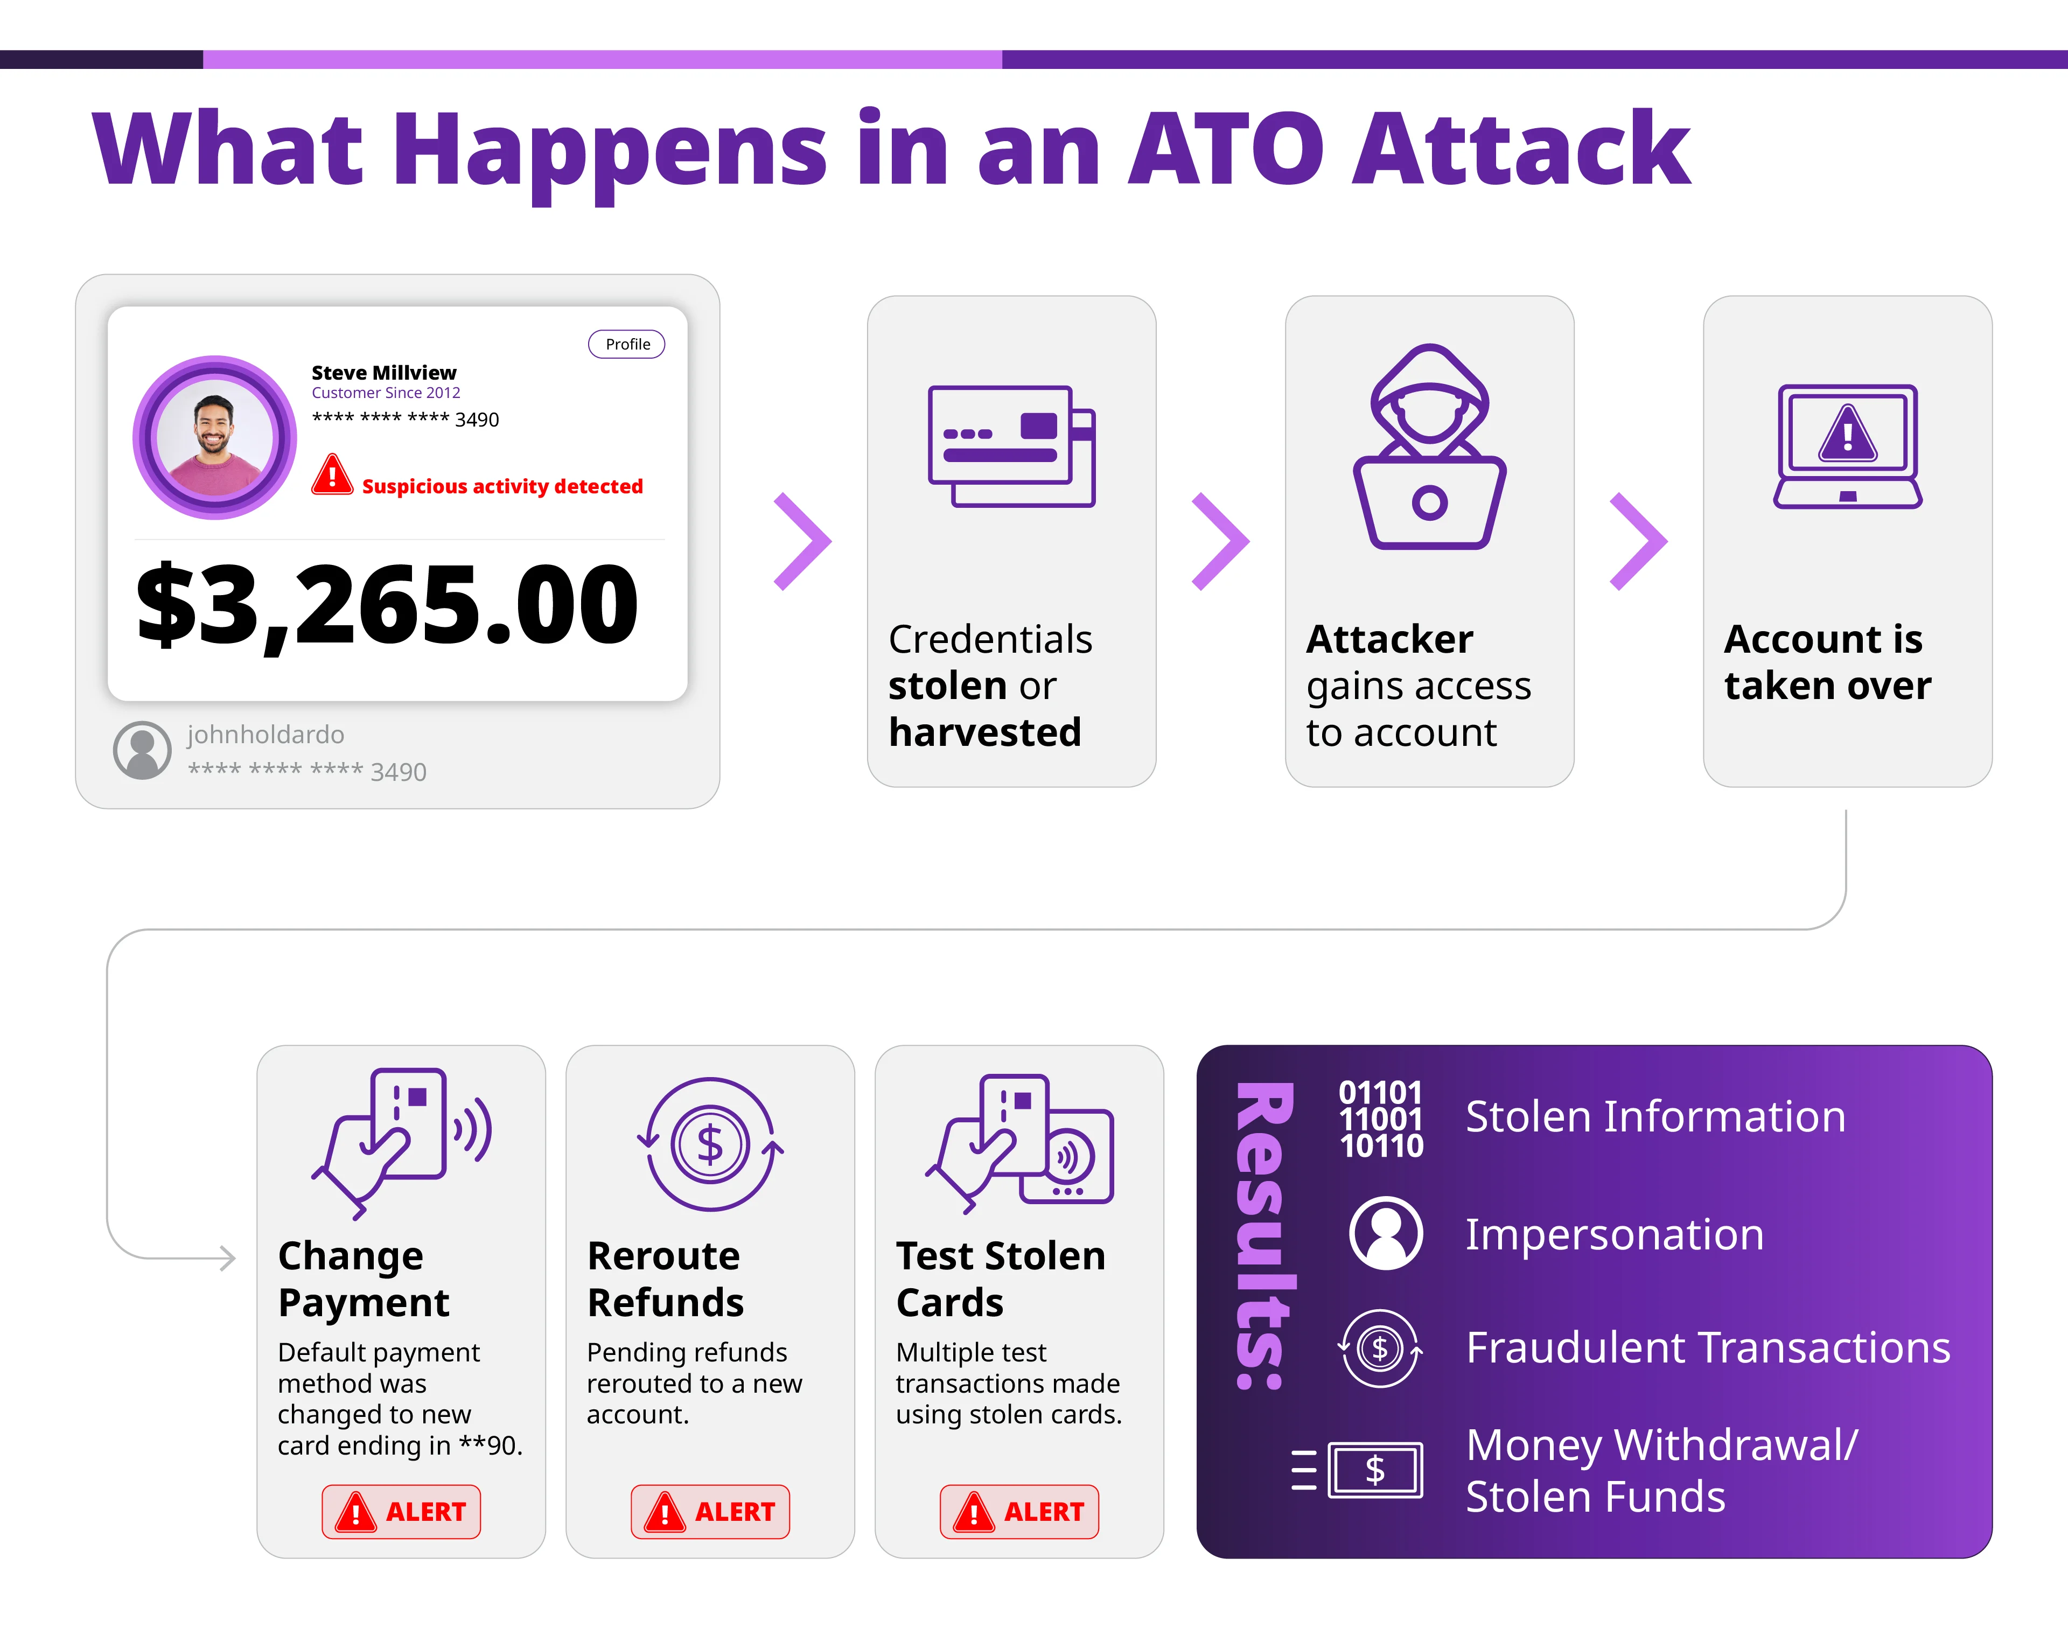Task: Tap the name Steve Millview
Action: pyautogui.click(x=384, y=372)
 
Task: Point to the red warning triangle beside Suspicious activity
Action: pyautogui.click(x=332, y=475)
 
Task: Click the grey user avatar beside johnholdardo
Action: pyautogui.click(x=143, y=750)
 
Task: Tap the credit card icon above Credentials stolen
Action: pyautogui.click(x=1011, y=446)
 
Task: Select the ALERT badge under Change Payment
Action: pyautogui.click(x=401, y=1512)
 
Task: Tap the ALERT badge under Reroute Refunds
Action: pyautogui.click(x=710, y=1512)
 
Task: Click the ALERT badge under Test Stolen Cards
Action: pyautogui.click(x=1019, y=1512)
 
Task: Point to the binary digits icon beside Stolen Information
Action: pyautogui.click(x=1381, y=1118)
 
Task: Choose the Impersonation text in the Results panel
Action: pyautogui.click(x=1614, y=1234)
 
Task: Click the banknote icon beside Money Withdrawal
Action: pyautogui.click(x=1375, y=1469)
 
